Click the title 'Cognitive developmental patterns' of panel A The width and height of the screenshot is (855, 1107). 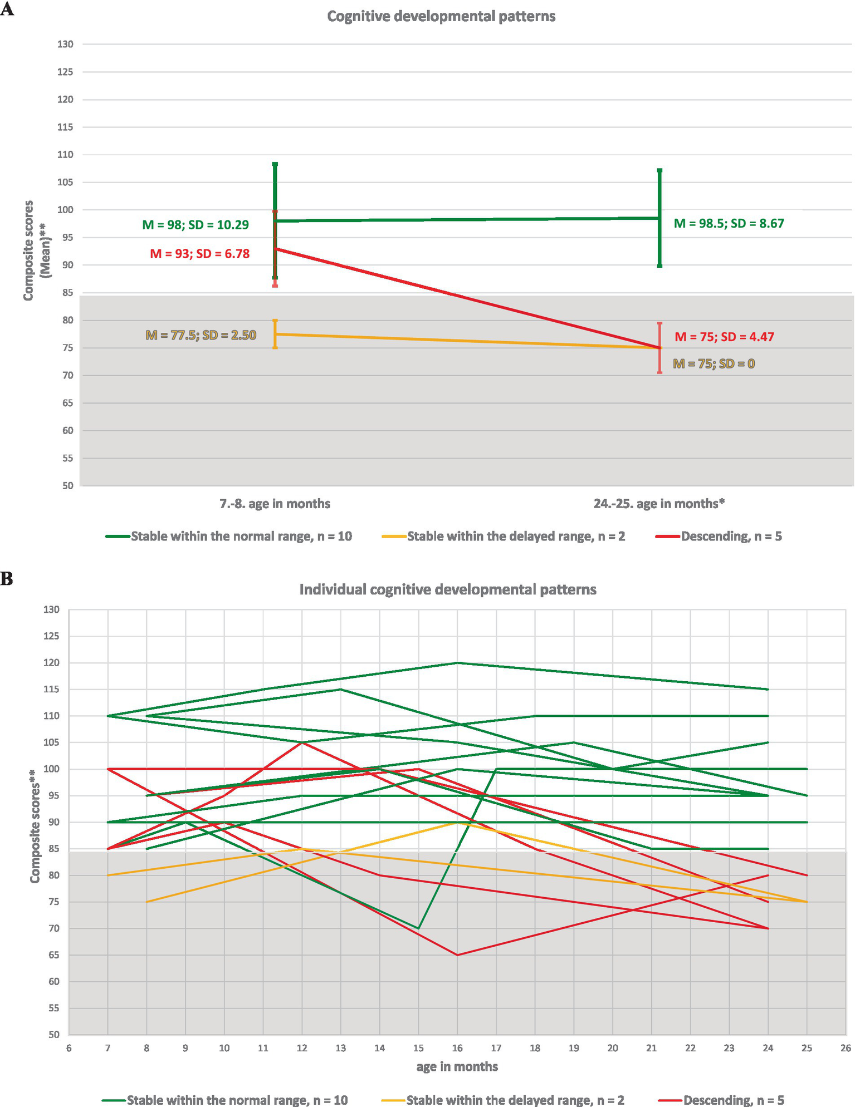point(441,17)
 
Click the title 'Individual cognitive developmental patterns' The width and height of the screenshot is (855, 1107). point(448,589)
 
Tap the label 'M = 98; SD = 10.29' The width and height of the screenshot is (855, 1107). point(196,225)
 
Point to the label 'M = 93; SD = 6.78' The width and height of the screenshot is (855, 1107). point(200,254)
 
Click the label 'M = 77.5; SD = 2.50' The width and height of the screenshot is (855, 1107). point(201,336)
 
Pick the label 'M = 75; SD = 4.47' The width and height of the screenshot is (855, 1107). point(724,337)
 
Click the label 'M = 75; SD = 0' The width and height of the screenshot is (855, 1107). point(714,364)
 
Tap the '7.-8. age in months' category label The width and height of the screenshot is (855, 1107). point(275,504)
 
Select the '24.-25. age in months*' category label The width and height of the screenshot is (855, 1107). point(659,504)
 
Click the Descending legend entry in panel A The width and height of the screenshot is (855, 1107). point(731,537)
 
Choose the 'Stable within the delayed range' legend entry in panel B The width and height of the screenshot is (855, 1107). point(515,1100)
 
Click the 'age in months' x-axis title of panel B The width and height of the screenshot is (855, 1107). point(457,1067)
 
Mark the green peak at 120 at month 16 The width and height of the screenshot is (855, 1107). point(457,663)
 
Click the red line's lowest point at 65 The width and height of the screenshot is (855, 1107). point(457,955)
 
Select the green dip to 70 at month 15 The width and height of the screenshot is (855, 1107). point(418,928)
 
